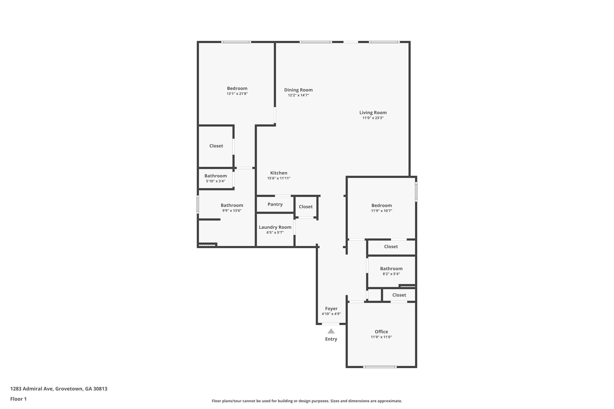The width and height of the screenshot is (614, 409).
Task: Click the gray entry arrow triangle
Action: coord(331,331)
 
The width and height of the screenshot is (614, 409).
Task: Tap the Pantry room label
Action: coord(275,204)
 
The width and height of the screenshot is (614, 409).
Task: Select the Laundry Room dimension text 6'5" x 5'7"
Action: coord(275,232)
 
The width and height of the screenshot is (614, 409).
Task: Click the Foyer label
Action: coord(331,309)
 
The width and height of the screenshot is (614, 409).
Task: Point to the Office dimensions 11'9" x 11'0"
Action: coord(381,337)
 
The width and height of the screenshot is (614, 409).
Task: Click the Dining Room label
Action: coord(298,90)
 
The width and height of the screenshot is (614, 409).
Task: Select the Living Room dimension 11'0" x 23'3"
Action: coord(373,118)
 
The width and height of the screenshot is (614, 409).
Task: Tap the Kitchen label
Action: coord(279,173)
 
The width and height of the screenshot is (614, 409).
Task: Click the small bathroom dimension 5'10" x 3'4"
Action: coord(215,181)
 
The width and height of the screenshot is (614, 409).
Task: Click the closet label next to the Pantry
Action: coord(305,207)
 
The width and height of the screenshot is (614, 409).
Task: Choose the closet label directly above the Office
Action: coord(399,295)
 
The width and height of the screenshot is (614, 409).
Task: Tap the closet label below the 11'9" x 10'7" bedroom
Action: coord(391,246)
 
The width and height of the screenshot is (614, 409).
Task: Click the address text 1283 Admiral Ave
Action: coord(59,389)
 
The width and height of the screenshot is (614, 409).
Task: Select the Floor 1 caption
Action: coord(18,399)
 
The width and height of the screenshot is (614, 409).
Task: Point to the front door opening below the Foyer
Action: coord(331,324)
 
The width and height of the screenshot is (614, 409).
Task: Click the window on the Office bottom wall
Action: coord(380,367)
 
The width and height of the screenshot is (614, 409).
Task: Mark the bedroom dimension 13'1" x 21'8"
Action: coord(237,94)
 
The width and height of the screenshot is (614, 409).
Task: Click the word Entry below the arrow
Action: coord(331,339)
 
